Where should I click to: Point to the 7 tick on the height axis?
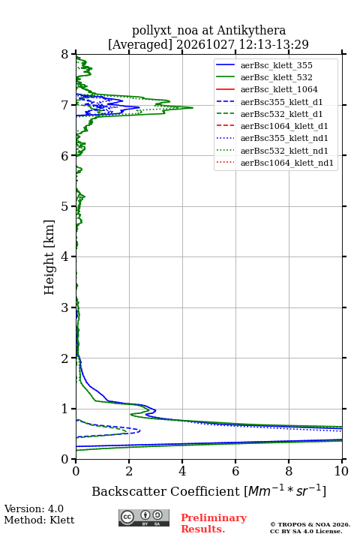pos(73,105)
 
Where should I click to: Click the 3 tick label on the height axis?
pos(64,307)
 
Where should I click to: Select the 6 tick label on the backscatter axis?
pos(235,471)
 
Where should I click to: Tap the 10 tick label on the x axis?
pos(341,471)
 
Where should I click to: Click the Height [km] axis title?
pos(49,257)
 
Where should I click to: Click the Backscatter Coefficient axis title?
pos(208,490)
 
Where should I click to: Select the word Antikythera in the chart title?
pos(251,30)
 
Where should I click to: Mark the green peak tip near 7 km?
pos(193,108)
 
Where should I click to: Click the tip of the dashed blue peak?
pos(139,430)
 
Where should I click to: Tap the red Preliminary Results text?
pos(214,523)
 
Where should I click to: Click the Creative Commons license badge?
pos(144,517)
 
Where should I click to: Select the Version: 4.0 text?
pos(34,508)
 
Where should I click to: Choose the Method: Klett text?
pos(39,520)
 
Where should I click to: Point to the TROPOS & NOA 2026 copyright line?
pos(310,524)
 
